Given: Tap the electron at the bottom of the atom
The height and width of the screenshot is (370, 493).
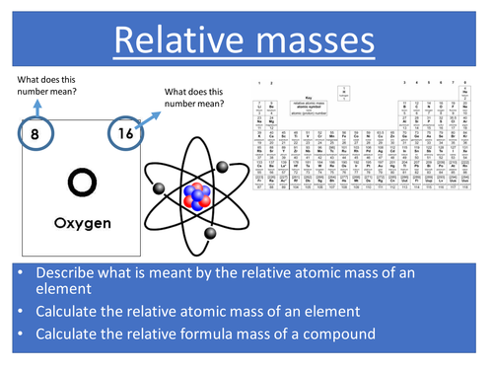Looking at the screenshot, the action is pyautogui.click(x=211, y=233).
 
